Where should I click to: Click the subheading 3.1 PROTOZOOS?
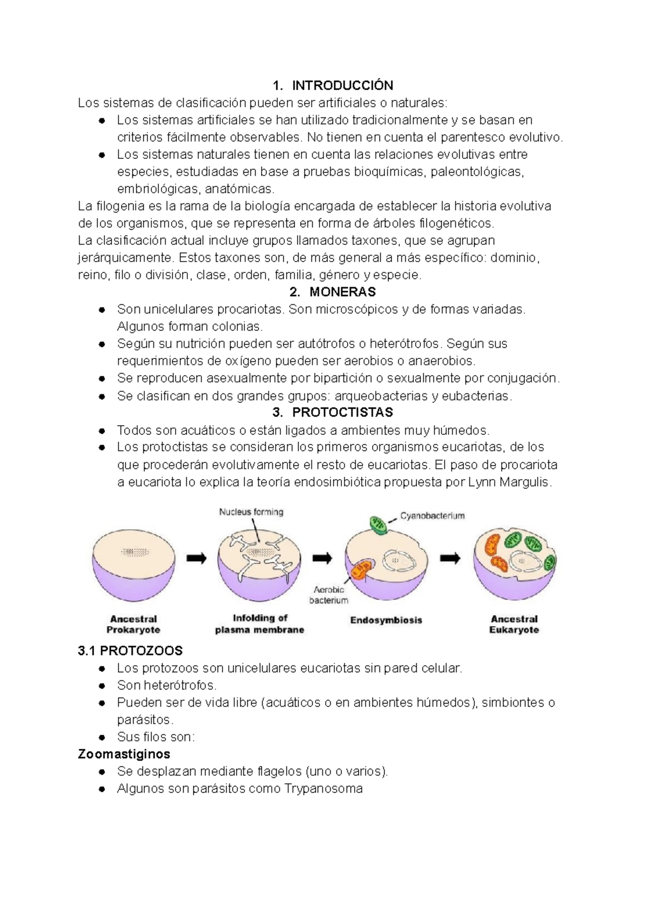130,651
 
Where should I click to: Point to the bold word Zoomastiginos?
124,754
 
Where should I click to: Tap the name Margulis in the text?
525,482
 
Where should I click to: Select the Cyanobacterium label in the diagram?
432,516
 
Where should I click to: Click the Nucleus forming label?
251,512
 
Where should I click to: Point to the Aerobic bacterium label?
329,595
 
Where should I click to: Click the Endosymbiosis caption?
386,620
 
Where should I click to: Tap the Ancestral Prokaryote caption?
133,624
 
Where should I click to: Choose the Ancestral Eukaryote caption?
514,624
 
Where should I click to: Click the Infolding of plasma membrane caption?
259,624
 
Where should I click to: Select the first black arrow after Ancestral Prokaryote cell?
196,559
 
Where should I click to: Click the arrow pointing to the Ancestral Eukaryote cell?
450,559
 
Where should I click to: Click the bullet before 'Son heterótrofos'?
102,686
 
